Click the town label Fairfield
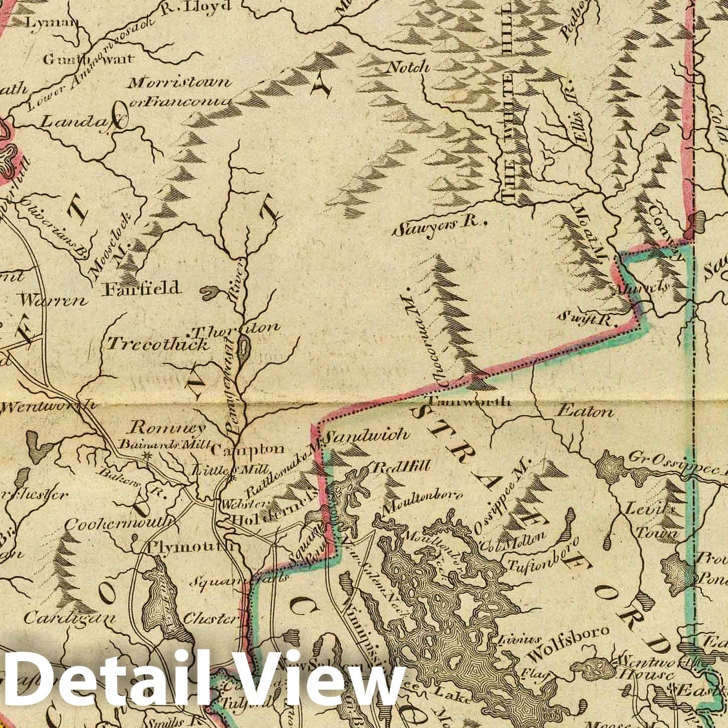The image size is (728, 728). [141, 288]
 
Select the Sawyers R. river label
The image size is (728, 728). [438, 228]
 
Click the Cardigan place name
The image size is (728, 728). [70, 617]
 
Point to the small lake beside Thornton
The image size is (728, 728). [244, 348]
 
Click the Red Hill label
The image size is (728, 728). [401, 467]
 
